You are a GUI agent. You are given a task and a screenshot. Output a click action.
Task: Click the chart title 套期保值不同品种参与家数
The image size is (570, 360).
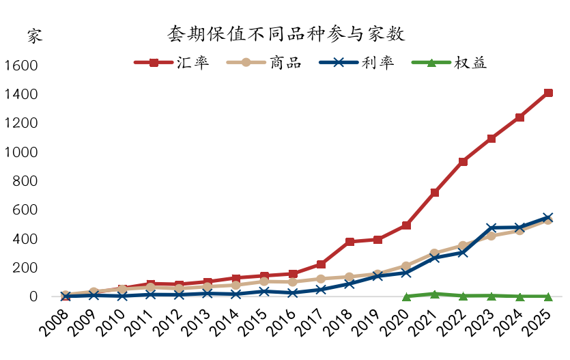coord(286,34)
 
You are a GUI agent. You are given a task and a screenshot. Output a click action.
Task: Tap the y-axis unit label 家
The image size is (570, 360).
coord(35,36)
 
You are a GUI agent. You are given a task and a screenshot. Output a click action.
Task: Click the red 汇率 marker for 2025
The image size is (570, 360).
coord(548,93)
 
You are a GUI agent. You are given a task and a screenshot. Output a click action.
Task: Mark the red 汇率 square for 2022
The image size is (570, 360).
coord(463,162)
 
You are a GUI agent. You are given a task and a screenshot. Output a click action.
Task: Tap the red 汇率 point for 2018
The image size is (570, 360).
coord(350,242)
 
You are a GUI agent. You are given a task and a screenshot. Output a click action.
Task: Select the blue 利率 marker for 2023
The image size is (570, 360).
coord(491,227)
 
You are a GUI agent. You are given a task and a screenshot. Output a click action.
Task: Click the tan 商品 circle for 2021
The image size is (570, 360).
coord(435,253)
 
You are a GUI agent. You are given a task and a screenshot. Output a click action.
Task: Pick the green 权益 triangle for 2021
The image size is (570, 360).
coord(435,294)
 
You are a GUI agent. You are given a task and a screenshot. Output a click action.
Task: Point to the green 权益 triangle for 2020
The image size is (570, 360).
coord(407,296)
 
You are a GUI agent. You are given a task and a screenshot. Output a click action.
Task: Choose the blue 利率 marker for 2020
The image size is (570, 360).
coord(407,273)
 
